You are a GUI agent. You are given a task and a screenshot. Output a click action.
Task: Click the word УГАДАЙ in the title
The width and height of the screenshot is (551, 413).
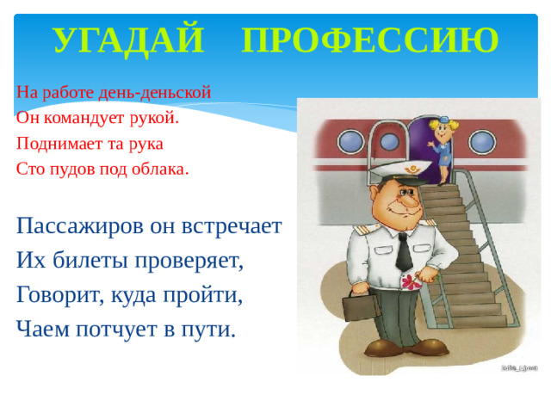[128, 40]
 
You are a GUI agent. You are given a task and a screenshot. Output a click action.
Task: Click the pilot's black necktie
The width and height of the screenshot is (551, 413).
[404, 250]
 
